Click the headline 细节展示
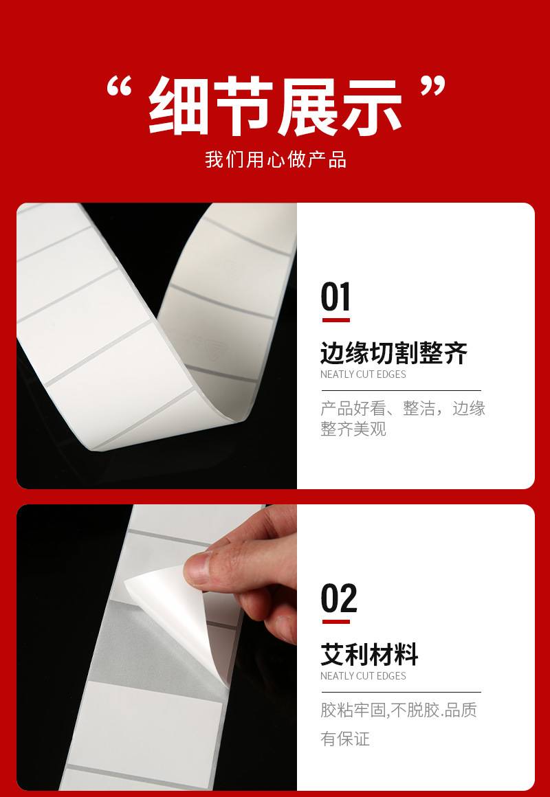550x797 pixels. click(x=275, y=106)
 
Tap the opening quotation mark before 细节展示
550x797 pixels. click(x=120, y=87)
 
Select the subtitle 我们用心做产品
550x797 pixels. click(x=275, y=159)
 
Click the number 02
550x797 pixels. click(x=339, y=598)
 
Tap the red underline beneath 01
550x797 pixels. click(x=335, y=320)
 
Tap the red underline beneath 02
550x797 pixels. click(x=335, y=622)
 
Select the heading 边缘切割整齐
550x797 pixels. click(x=393, y=353)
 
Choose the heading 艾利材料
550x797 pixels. click(x=369, y=655)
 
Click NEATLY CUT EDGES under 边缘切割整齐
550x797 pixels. click(x=363, y=374)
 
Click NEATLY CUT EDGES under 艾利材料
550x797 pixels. click(x=363, y=676)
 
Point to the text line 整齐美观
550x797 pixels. click(x=353, y=429)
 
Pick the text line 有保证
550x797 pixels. click(x=345, y=739)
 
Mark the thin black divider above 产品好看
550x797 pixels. click(x=401, y=390)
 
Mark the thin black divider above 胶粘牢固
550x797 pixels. click(x=401, y=692)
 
